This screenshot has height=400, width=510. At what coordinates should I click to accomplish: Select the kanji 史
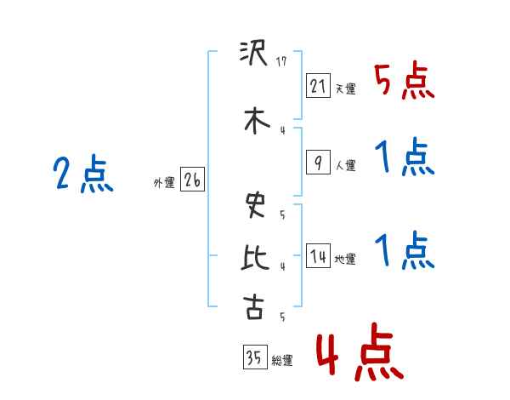(253, 205)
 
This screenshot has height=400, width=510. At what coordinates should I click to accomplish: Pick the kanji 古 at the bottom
(253, 307)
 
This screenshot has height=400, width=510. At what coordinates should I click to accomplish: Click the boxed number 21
(318, 85)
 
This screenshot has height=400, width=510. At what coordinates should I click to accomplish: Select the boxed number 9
(318, 163)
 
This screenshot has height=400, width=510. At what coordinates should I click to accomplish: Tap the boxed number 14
(318, 257)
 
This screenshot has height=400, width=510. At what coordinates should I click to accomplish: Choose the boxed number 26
(192, 180)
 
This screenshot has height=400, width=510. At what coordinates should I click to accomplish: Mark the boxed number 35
(252, 357)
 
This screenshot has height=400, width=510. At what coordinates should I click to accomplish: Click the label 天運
(345, 89)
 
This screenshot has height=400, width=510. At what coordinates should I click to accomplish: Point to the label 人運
(345, 166)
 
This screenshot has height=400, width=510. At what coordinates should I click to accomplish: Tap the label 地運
(345, 260)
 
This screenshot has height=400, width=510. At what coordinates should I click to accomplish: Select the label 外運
(163, 182)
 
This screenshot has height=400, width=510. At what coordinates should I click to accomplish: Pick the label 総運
(281, 360)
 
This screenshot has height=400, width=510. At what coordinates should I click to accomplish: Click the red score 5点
(404, 82)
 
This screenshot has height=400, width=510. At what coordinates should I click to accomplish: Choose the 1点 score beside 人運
(404, 157)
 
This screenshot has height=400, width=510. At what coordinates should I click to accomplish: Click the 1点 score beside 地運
(404, 251)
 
